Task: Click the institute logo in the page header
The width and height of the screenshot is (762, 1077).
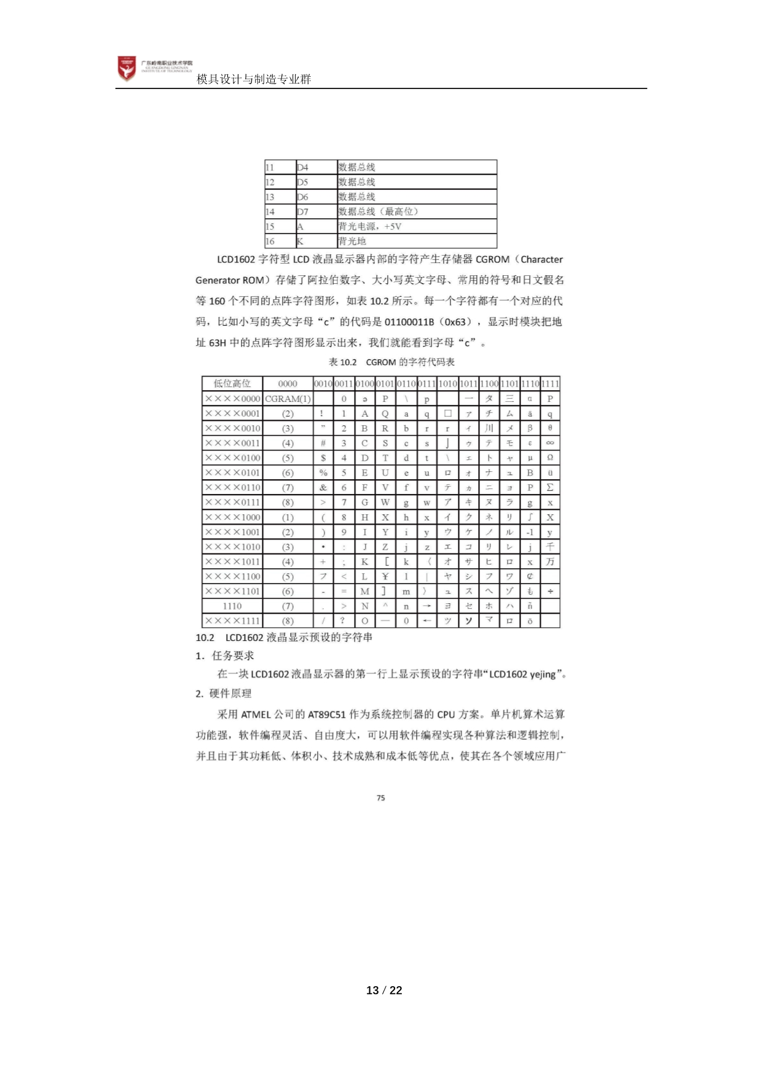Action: click(127, 68)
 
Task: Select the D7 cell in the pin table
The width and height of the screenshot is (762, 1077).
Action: click(303, 212)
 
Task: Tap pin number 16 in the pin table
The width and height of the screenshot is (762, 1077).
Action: click(270, 241)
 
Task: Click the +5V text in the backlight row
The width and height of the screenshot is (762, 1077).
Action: click(393, 227)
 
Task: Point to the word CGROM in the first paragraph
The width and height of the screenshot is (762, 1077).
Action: click(492, 259)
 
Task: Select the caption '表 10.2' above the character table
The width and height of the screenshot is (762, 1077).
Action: click(343, 362)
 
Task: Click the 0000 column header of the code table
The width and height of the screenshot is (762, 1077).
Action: click(288, 384)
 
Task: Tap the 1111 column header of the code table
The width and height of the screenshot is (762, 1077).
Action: click(550, 384)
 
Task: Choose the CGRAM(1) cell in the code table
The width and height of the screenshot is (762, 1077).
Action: click(288, 399)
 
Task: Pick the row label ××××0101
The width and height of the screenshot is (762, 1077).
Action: click(232, 473)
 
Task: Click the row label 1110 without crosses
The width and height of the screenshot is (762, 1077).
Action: click(232, 606)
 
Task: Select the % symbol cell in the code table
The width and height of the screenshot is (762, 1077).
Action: click(323, 473)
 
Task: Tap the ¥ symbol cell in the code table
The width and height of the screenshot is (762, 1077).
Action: click(385, 576)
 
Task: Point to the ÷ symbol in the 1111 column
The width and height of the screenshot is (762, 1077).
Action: click(550, 591)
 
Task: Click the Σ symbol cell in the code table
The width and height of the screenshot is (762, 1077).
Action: click(550, 488)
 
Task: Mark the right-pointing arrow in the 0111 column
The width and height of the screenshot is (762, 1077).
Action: click(426, 606)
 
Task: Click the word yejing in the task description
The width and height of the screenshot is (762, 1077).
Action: click(543, 675)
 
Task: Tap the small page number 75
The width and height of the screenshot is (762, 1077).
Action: click(381, 798)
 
